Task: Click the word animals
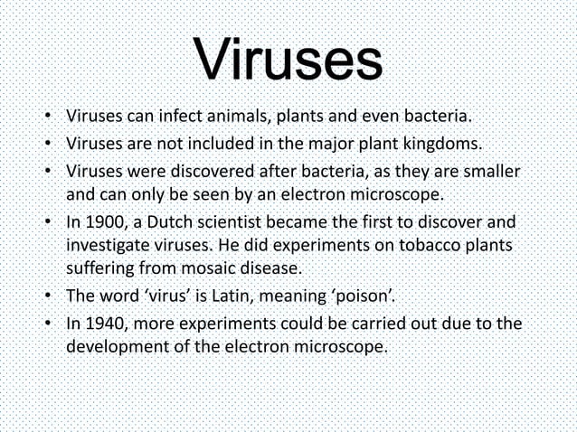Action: click(239, 117)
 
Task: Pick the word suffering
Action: click(100, 269)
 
